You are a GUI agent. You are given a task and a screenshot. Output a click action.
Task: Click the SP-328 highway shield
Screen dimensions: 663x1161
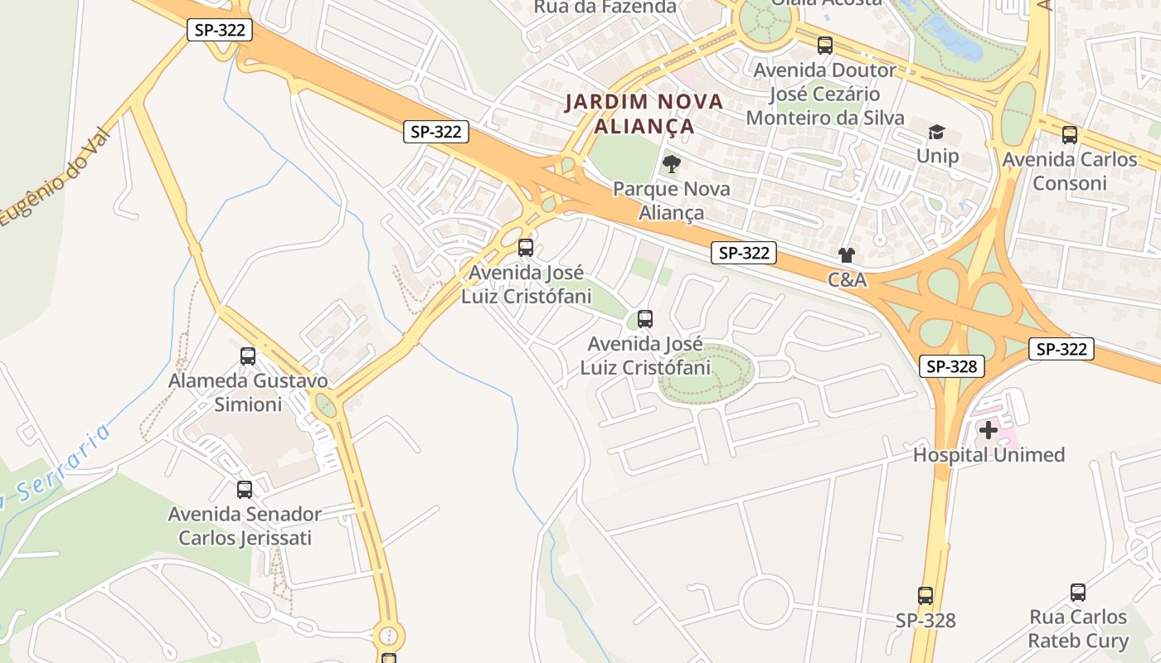[951, 366]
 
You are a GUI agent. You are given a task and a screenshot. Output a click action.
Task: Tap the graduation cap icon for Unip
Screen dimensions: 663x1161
[936, 132]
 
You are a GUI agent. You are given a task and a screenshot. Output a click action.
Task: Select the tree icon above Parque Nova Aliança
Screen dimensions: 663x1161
[672, 163]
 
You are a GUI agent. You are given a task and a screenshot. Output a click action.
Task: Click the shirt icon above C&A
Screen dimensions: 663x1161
[846, 255]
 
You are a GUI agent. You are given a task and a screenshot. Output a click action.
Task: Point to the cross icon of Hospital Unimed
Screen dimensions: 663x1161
[988, 429]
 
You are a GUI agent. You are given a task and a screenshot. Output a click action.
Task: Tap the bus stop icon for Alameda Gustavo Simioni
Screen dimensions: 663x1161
[248, 356]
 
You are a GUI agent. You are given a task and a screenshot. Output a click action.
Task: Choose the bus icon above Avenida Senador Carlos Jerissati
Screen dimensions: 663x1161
[245, 489]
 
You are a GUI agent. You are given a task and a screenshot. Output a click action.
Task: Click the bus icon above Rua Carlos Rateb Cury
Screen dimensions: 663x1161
[1078, 593]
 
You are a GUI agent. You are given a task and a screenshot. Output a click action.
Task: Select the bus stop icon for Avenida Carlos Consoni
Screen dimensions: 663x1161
[1070, 134]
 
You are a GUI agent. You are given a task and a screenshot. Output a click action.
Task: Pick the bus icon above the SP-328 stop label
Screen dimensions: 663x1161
[925, 595]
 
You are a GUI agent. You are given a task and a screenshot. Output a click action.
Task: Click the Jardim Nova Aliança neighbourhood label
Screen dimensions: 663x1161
[644, 114]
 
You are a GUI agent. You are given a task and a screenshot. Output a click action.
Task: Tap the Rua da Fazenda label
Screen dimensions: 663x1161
[605, 7]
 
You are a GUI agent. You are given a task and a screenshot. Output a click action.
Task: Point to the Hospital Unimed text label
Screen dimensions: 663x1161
[989, 455]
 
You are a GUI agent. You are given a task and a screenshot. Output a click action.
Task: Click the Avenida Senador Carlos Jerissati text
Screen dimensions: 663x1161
[245, 526]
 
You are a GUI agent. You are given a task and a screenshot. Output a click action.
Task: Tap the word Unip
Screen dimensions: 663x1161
[937, 156]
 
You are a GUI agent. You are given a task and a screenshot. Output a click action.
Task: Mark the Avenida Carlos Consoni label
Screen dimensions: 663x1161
[1070, 171]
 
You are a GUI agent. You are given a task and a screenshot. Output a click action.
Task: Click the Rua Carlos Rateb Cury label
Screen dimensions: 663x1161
[1078, 629]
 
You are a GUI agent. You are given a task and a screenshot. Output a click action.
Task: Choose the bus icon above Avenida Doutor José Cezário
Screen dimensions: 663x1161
[824, 46]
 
